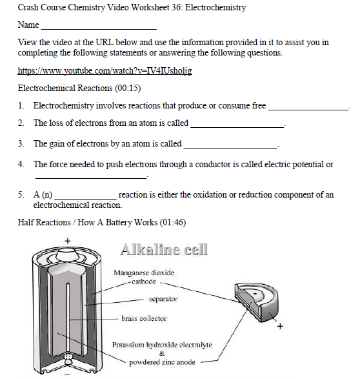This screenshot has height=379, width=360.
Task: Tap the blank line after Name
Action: pos(98,28)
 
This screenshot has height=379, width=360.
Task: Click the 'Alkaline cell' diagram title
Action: pos(164,249)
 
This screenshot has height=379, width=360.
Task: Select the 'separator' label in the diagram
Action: pos(163,299)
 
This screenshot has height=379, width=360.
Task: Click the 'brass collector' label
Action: pos(144,318)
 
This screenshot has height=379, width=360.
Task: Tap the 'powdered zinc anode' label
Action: pos(161,362)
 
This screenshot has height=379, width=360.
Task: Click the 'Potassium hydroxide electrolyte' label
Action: pos(161,345)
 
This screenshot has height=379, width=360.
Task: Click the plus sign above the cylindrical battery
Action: pos(67,242)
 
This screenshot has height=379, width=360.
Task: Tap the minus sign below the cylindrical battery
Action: pos(67,373)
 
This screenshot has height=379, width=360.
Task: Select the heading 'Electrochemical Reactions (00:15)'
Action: pos(79,88)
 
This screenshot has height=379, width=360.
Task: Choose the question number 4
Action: pos(21,165)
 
